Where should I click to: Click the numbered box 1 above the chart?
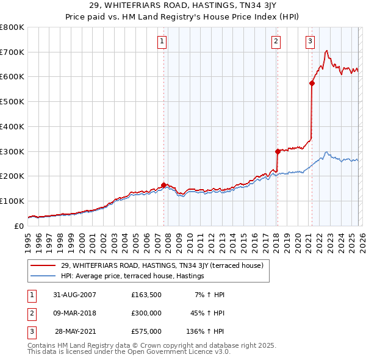tap(162, 41)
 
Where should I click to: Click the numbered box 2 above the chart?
tap(276, 41)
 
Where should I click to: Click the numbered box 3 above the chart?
tap(310, 41)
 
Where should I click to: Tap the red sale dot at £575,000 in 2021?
tap(312, 84)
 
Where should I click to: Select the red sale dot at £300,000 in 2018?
tap(277, 151)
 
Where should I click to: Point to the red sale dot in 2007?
tap(164, 185)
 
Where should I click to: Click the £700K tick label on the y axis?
tap(12, 52)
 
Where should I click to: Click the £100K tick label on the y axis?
tap(12, 201)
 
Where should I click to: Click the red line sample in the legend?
tap(43, 265)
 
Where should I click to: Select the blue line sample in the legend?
tap(43, 276)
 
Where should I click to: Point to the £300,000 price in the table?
tap(146, 313)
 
